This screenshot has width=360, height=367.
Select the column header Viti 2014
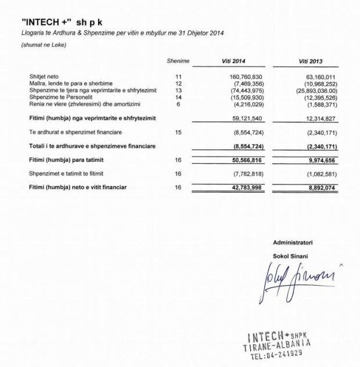tap(235, 61)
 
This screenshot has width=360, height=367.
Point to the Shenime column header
tap(178, 61)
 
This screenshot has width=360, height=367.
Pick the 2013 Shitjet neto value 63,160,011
tap(320, 77)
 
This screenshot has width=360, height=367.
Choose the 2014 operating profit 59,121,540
tap(246, 118)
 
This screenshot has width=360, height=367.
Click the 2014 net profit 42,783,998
tap(246, 187)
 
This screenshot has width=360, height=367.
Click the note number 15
tap(178, 132)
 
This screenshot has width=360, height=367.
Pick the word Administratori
tap(293, 242)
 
